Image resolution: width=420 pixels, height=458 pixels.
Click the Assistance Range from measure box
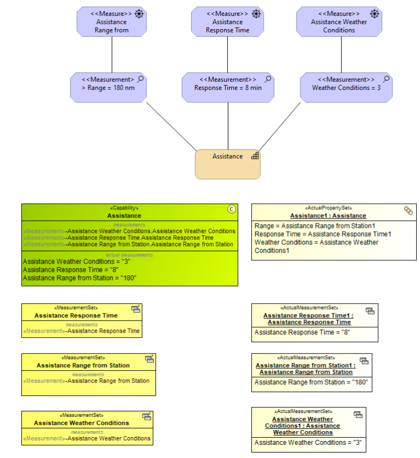(x=111, y=22)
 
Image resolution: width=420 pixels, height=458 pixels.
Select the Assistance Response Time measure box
(x=227, y=22)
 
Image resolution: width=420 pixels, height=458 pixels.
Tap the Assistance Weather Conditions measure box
(x=339, y=22)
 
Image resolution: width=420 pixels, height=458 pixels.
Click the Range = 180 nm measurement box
(x=108, y=87)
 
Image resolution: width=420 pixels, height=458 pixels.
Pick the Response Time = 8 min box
(x=228, y=87)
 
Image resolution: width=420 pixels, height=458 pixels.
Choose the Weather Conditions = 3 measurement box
(x=346, y=87)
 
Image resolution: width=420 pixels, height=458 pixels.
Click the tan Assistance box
(x=227, y=164)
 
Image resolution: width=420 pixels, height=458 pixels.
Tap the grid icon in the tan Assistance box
(x=255, y=156)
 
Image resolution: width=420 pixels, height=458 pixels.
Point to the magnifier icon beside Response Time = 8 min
(x=268, y=80)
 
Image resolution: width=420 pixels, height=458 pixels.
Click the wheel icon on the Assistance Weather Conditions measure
(x=374, y=14)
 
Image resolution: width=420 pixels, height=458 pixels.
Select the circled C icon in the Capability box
(x=231, y=209)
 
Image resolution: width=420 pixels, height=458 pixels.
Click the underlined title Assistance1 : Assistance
(x=328, y=216)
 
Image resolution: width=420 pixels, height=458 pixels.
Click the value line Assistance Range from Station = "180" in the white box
(x=311, y=382)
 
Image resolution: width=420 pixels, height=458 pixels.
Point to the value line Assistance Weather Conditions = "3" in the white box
(x=308, y=443)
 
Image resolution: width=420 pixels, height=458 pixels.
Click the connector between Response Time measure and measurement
(x=228, y=55)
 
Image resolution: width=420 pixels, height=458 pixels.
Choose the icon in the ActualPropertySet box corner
(x=408, y=210)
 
